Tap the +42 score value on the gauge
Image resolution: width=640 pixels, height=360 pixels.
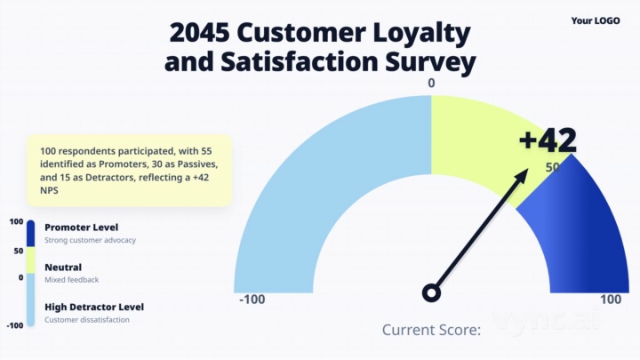pyautogui.click(x=548, y=140)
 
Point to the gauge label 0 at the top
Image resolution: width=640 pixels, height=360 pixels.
pyautogui.click(x=431, y=84)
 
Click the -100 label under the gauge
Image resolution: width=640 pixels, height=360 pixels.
pyautogui.click(x=252, y=300)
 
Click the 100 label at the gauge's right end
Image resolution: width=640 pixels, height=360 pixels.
pyautogui.click(x=611, y=300)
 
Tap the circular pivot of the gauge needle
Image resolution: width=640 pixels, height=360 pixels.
pyautogui.click(x=432, y=292)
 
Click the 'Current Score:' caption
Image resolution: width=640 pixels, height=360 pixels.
pyautogui.click(x=431, y=330)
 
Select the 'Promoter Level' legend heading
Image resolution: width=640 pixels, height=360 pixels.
pyautogui.click(x=81, y=228)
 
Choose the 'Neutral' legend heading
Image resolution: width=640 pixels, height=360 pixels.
pyautogui.click(x=63, y=268)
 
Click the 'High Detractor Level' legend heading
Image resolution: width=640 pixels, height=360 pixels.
pyautogui.click(x=94, y=307)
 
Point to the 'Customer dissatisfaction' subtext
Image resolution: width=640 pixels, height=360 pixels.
pyautogui.click(x=87, y=320)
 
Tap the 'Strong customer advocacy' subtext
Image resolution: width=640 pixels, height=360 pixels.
pyautogui.click(x=89, y=241)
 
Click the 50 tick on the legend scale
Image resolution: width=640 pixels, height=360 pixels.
pyautogui.click(x=17, y=251)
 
